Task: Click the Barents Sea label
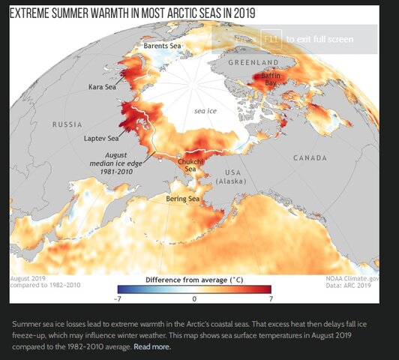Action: [162, 46]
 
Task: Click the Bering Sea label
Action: [182, 199]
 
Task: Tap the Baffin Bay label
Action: [271, 79]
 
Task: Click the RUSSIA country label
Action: [67, 124]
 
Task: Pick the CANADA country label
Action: [310, 158]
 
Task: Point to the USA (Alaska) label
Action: [231, 176]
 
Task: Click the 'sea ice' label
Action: [205, 110]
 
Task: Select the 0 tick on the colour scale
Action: [194, 298]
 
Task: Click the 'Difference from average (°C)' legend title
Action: [194, 279]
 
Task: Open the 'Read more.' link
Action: [152, 347]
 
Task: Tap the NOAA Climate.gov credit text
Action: [352, 278]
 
